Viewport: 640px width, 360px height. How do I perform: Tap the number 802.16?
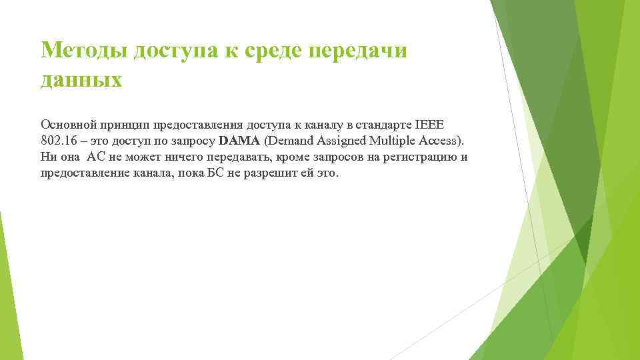(x=59, y=141)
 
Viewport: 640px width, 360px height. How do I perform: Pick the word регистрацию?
(x=423, y=157)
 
